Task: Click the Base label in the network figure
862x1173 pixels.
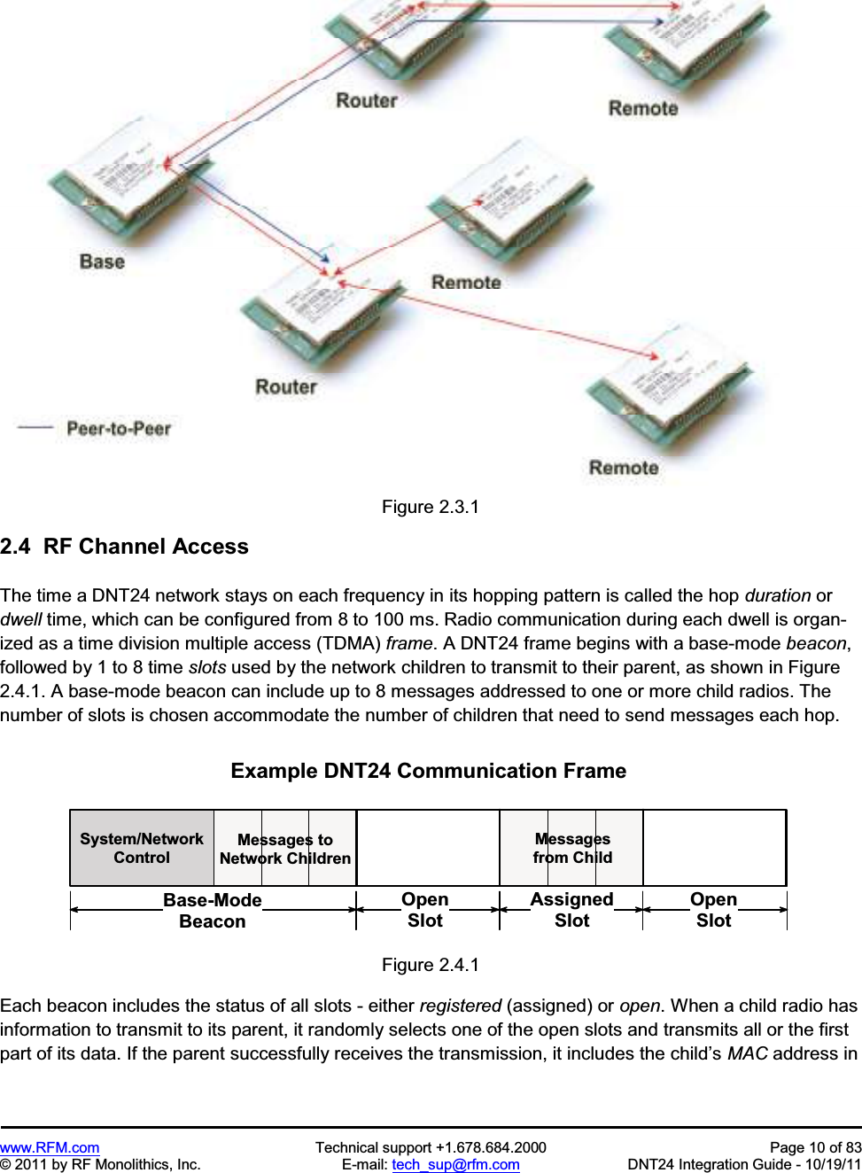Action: click(x=102, y=261)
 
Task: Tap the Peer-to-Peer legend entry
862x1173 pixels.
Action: click(x=118, y=429)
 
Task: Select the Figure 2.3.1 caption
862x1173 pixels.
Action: click(x=430, y=507)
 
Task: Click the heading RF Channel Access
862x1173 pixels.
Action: click(x=145, y=547)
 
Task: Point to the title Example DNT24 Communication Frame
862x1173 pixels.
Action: click(x=428, y=771)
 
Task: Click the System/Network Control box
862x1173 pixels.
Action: click(x=142, y=848)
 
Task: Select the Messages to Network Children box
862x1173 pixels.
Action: click(x=285, y=849)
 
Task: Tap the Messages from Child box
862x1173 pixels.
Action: click(x=572, y=848)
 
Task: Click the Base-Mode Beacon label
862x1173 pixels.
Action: click(x=213, y=911)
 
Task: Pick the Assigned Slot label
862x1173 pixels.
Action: click(x=571, y=910)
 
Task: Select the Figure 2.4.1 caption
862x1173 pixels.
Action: click(x=430, y=965)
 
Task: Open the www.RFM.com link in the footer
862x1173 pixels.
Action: click(x=50, y=1147)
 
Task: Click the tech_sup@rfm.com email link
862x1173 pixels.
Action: click(x=455, y=1164)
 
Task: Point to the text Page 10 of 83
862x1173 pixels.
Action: click(x=815, y=1147)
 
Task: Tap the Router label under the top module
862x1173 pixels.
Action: click(x=367, y=100)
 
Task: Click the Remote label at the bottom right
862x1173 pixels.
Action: click(x=624, y=468)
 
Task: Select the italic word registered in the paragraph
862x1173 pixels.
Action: click(x=461, y=1006)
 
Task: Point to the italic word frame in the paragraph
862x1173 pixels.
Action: click(x=409, y=643)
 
